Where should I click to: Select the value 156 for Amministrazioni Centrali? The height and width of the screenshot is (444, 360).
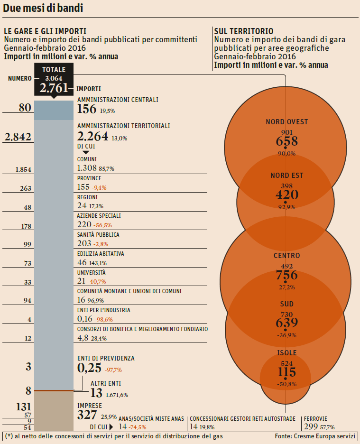(x=86, y=109)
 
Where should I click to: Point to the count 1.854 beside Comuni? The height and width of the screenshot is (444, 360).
(x=23, y=169)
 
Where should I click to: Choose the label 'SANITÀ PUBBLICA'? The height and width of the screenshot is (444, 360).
(x=98, y=235)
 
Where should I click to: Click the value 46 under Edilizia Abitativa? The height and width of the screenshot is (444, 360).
(x=82, y=262)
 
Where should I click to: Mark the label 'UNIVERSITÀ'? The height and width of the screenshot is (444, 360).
(x=91, y=273)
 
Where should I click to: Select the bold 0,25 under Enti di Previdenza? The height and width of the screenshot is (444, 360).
(x=89, y=368)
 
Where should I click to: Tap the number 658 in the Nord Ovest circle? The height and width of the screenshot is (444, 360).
(x=286, y=141)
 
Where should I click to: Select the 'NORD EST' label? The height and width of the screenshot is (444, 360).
(x=286, y=176)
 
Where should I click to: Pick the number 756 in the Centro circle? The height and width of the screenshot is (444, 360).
(x=286, y=275)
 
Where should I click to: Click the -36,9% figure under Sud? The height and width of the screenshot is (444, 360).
(x=286, y=335)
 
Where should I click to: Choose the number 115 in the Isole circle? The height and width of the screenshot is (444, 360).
(x=286, y=371)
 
